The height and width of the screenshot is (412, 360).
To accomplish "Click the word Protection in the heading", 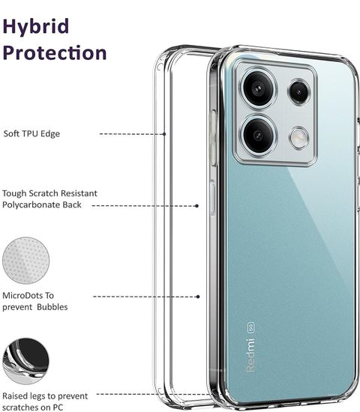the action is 55,53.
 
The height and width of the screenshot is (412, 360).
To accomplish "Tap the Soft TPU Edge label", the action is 31,134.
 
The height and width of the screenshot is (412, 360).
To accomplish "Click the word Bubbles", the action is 52,307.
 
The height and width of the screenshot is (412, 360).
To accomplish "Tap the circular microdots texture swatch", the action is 25,261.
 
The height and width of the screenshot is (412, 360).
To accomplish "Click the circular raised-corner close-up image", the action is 25,361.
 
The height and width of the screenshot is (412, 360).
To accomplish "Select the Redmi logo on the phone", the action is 250,355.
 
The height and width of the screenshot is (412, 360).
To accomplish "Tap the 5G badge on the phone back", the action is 250,327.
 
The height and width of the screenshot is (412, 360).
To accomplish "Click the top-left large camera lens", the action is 259,88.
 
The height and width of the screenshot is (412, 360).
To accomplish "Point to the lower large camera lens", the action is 258,136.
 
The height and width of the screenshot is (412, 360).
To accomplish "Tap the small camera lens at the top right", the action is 298,92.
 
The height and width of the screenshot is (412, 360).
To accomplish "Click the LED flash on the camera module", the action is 298,138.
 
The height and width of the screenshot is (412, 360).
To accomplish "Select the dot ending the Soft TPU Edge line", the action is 164,134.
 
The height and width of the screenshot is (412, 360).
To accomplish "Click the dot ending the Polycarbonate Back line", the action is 196,206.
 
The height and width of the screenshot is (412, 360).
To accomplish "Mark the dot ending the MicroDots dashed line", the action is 198,297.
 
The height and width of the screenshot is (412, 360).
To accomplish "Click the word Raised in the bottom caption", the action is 15,396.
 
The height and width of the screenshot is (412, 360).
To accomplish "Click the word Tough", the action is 14,194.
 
